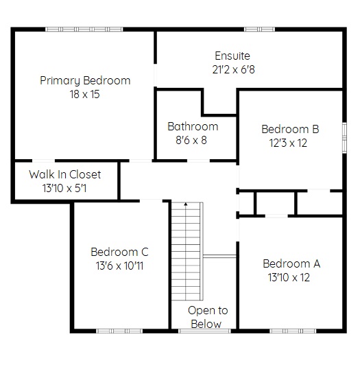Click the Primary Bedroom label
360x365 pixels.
(x=85, y=80)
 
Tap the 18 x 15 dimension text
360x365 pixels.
(x=85, y=94)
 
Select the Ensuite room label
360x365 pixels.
(x=232, y=56)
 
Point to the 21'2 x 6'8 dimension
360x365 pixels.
(x=233, y=69)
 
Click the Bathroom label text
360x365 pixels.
(x=193, y=127)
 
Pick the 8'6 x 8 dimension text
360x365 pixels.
(x=191, y=141)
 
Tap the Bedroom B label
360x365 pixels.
(x=290, y=129)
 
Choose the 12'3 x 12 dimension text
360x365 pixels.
(x=288, y=143)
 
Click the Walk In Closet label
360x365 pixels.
(x=65, y=174)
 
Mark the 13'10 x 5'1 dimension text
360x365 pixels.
(x=64, y=188)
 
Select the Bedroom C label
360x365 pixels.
(x=119, y=252)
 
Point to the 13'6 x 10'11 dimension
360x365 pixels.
(x=119, y=266)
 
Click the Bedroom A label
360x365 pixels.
(x=291, y=263)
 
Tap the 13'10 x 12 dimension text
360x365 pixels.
(x=289, y=277)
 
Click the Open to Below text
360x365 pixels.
(x=208, y=317)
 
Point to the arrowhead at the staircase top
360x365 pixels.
(x=186, y=204)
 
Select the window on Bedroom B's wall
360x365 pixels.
(x=344, y=138)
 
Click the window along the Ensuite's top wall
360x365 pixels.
(x=259, y=30)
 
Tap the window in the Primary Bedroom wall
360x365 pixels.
(x=84, y=30)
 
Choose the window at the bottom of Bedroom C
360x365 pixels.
(x=119, y=331)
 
